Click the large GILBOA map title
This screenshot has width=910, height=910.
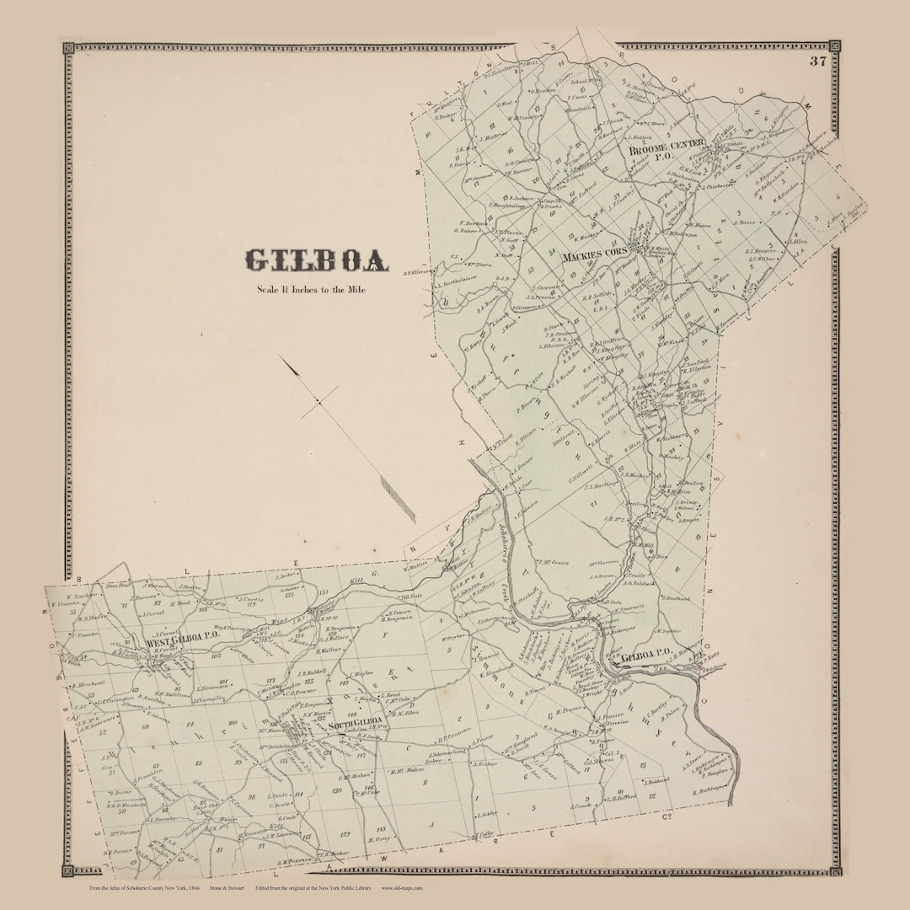pyautogui.click(x=316, y=260)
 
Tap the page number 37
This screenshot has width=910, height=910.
pyautogui.click(x=816, y=61)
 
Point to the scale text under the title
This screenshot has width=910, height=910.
pyautogui.click(x=312, y=290)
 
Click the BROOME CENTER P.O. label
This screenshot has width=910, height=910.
pyautogui.click(x=666, y=149)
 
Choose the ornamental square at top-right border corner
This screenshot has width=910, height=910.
pyautogui.click(x=834, y=45)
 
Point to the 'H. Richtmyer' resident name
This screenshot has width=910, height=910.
pyautogui.click(x=709, y=790)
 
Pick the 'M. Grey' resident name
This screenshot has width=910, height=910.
pyautogui.click(x=380, y=839)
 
